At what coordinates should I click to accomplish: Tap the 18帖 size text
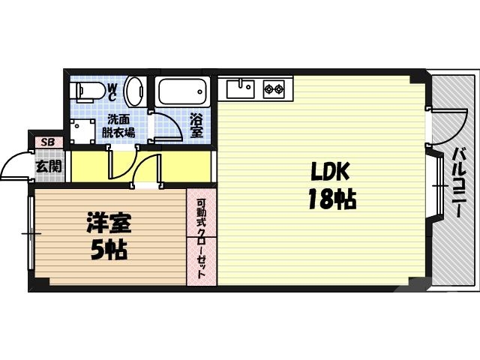pyautogui.click(x=330, y=199)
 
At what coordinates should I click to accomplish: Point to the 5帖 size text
pyautogui.click(x=109, y=249)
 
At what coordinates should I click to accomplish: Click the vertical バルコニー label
pyautogui.click(x=456, y=183)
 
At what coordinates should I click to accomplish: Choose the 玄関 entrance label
pyautogui.click(x=49, y=166)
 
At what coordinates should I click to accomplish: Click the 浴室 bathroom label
pyautogui.click(x=196, y=125)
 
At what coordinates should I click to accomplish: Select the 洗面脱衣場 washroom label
pyautogui.click(x=118, y=126)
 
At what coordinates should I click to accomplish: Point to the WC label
pyautogui.click(x=112, y=92)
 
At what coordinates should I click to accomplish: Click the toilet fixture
pyautogui.click(x=85, y=91)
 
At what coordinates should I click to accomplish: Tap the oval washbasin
pyautogui.click(x=134, y=91)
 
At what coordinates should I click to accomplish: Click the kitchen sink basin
pyautogui.click(x=241, y=89)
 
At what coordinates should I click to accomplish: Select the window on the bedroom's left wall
pyautogui.click(x=30, y=235)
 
